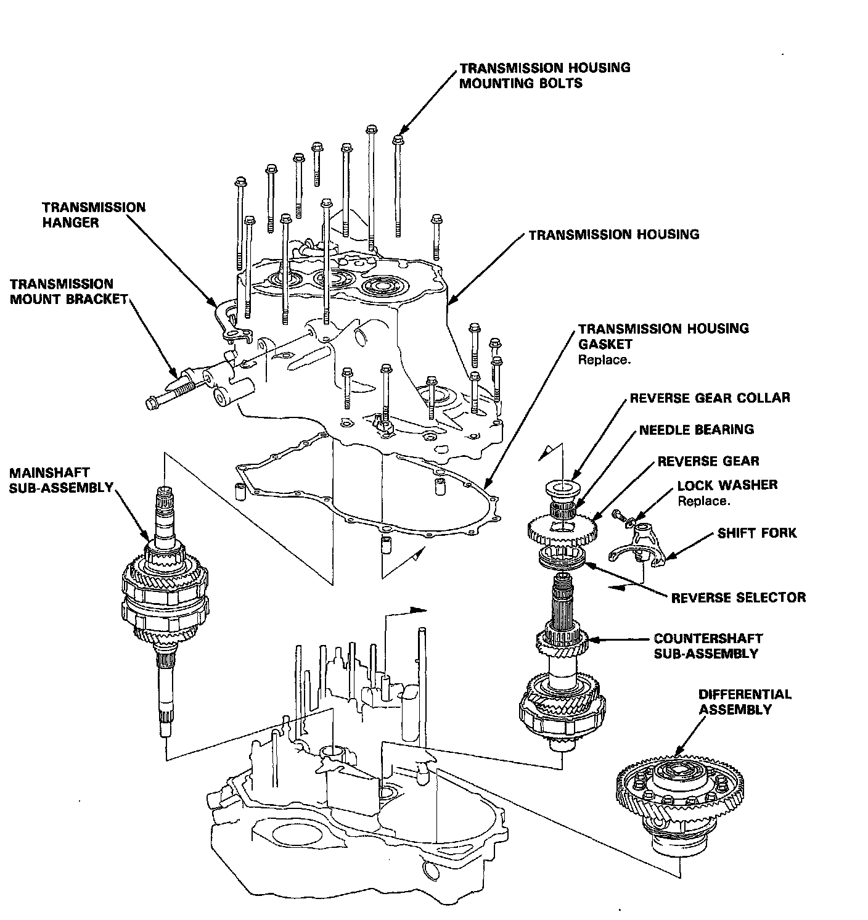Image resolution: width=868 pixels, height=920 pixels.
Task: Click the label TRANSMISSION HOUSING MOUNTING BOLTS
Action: tap(544, 75)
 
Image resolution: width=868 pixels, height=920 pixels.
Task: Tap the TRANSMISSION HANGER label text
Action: tap(94, 215)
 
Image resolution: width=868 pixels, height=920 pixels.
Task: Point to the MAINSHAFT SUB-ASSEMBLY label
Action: tap(60, 480)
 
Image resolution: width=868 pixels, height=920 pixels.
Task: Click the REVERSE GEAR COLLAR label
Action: tap(710, 398)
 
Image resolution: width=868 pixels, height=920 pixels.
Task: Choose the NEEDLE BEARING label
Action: tap(696, 430)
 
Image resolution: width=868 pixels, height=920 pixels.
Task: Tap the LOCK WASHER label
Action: tap(727, 485)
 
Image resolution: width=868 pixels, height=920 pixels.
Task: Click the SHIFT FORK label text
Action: tap(756, 533)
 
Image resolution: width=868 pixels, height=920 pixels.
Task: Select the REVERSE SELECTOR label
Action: tap(738, 598)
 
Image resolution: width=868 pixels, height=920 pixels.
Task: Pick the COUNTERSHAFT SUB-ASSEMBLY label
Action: tap(708, 646)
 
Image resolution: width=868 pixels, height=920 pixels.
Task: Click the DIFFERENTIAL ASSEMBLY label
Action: tap(744, 702)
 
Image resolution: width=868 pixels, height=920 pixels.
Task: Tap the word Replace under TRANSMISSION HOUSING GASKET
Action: tap(604, 360)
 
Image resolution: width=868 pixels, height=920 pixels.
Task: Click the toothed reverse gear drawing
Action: tap(562, 528)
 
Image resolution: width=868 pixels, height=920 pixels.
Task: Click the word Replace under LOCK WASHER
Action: tap(703, 501)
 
